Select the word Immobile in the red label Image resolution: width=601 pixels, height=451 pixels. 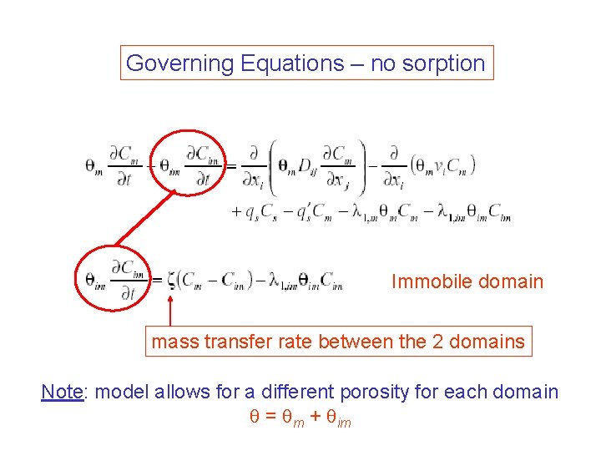pos(429,281)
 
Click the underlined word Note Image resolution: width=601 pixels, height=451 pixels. pos(63,392)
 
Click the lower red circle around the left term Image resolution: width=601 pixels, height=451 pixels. pos(113,279)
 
